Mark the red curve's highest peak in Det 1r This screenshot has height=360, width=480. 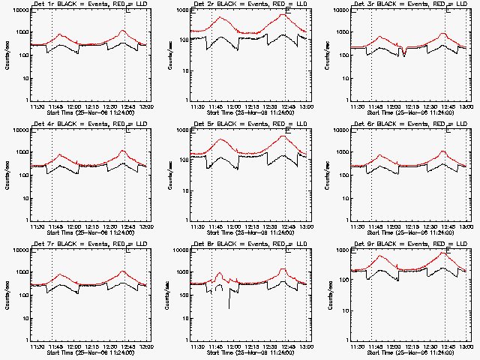click(123, 31)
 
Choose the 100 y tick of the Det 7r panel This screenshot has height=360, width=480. click(21, 295)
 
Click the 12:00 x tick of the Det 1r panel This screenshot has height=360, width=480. click(73, 106)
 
